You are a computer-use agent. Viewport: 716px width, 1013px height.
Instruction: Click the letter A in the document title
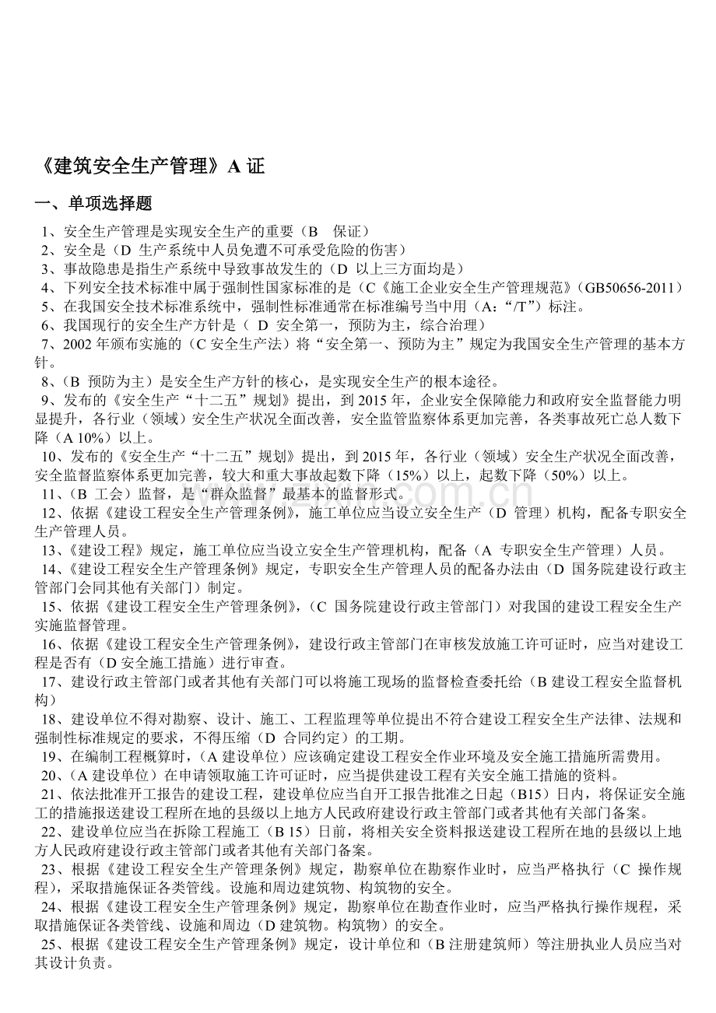[233, 166]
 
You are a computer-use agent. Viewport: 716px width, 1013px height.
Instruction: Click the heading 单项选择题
[110, 204]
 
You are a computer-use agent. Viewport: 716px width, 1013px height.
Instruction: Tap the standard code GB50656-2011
[632, 287]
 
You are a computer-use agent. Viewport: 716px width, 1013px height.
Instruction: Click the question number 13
[51, 549]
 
